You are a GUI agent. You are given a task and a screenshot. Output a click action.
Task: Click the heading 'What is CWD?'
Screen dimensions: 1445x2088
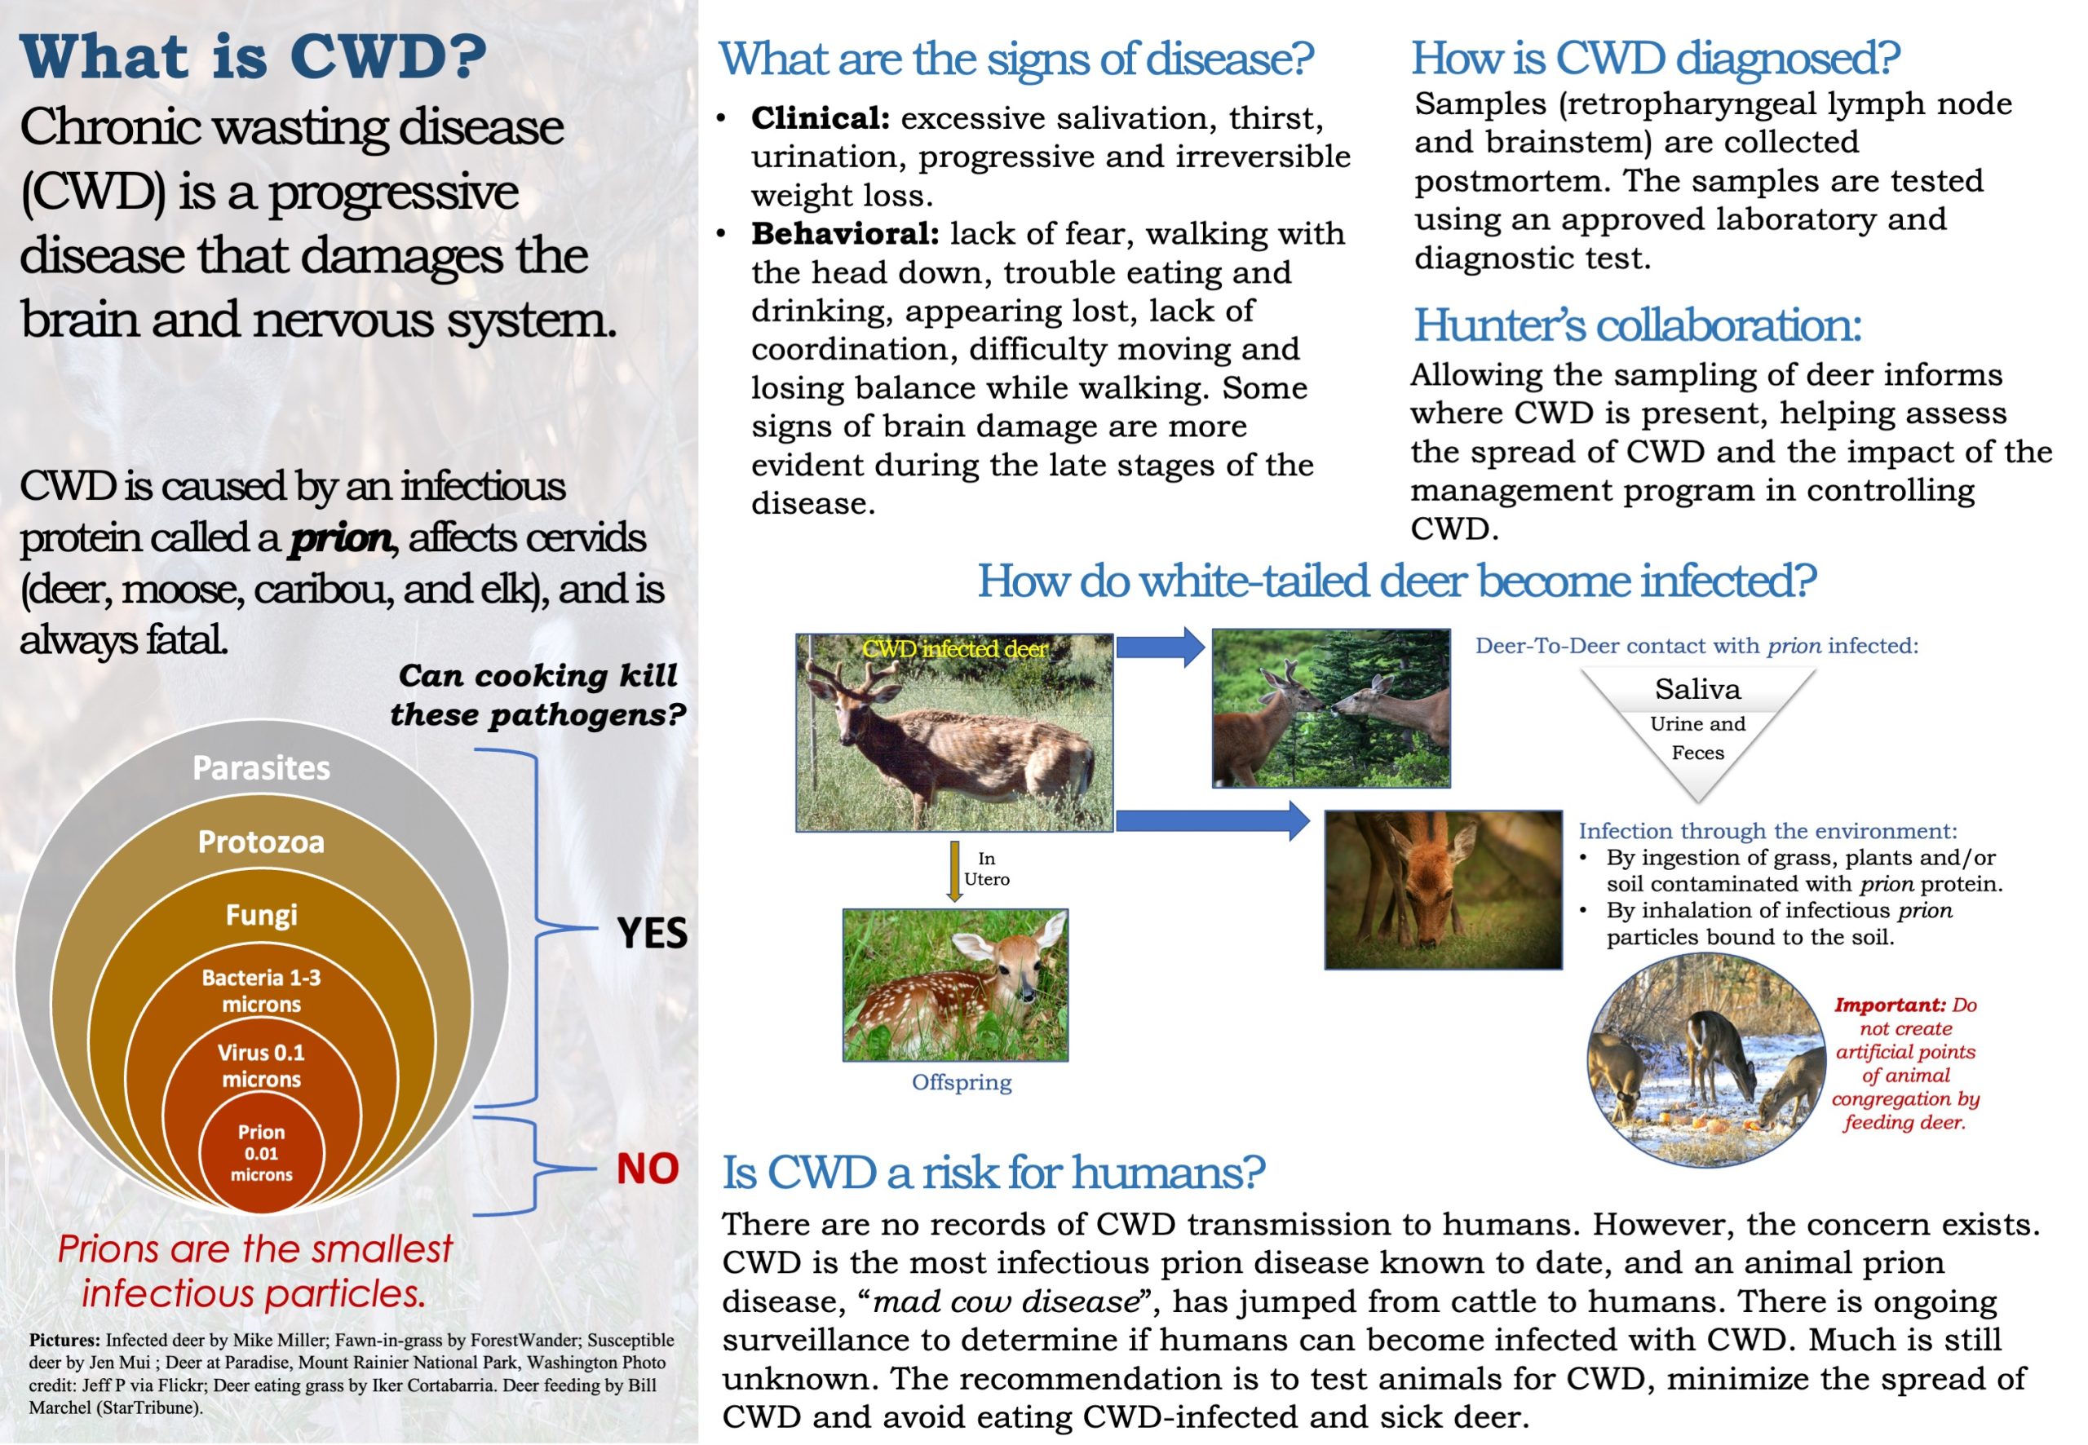click(253, 57)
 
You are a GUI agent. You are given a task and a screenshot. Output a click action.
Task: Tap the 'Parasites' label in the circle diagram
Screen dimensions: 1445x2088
click(261, 768)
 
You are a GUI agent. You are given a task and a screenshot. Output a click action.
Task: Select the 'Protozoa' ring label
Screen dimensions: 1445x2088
click(261, 842)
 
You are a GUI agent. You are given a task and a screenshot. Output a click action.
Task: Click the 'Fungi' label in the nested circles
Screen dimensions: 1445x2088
click(261, 914)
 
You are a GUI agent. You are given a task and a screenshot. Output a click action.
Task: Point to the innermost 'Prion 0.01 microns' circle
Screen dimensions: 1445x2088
click(261, 1152)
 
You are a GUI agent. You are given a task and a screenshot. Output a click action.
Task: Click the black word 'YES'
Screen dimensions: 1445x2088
click(652, 933)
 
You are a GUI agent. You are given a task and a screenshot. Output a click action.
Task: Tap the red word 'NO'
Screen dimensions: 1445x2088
click(648, 1169)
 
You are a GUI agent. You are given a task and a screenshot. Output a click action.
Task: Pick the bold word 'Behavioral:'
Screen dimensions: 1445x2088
click(845, 233)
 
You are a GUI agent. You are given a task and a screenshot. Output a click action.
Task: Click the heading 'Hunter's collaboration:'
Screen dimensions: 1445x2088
click(1637, 325)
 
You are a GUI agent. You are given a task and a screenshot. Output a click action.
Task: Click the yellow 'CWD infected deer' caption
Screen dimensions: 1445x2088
click(954, 649)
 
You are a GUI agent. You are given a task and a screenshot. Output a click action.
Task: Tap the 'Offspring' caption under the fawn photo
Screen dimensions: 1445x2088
click(962, 1082)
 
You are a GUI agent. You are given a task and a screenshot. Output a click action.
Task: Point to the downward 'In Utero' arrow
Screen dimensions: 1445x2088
click(954, 870)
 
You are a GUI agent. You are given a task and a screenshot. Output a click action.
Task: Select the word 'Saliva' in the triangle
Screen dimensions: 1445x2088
click(1698, 690)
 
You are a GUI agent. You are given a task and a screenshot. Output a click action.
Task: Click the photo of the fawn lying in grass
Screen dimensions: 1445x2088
click(955, 985)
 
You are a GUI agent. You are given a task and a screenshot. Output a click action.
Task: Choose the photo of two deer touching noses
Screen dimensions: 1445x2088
click(1331, 708)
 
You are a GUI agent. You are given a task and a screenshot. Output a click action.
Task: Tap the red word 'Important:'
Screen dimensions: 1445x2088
click(1890, 1005)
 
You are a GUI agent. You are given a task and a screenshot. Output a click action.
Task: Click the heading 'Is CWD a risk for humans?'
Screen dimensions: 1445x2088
click(993, 1173)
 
